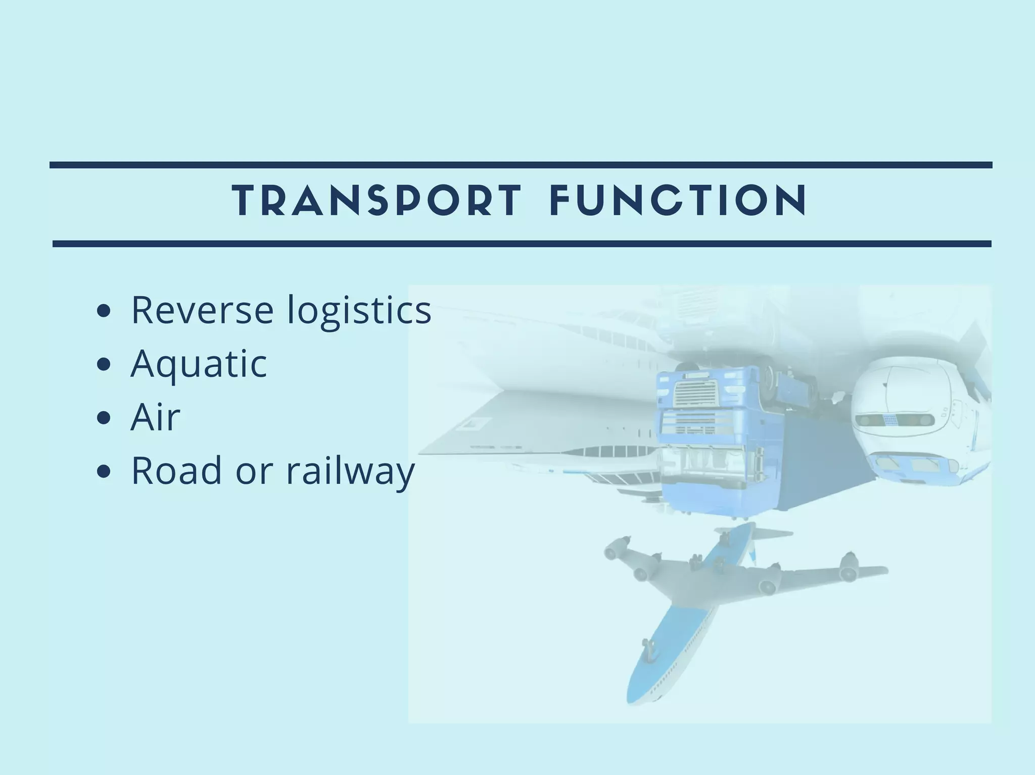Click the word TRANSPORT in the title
(x=377, y=201)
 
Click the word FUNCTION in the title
(x=678, y=201)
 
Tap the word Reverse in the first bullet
(x=202, y=310)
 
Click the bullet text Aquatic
(x=199, y=364)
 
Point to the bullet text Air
(x=155, y=417)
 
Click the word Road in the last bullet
(x=176, y=470)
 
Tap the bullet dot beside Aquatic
(x=104, y=365)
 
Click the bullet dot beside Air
(x=104, y=418)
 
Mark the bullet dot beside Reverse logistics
(x=104, y=311)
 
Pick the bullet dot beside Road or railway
(x=104, y=472)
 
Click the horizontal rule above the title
(x=521, y=165)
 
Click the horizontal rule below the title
(x=522, y=244)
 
